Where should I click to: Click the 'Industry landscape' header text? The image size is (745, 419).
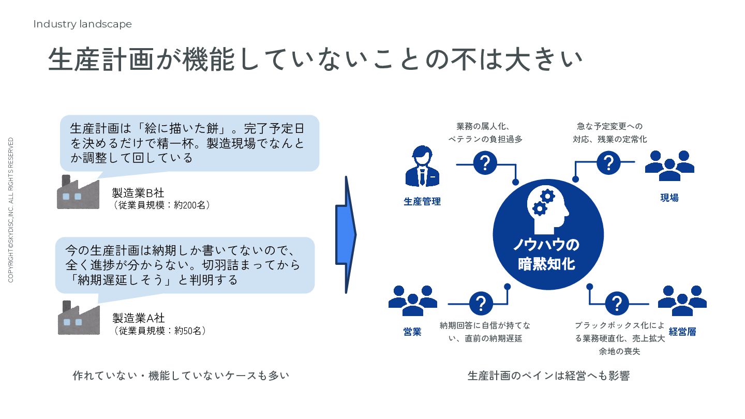click(x=82, y=24)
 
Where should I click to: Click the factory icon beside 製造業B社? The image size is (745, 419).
click(x=78, y=192)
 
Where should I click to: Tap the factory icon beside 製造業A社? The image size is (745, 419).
click(x=78, y=318)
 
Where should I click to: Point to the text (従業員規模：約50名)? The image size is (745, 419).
click(x=160, y=331)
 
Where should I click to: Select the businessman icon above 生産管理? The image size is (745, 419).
click(x=422, y=166)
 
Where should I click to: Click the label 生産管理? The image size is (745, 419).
click(x=422, y=202)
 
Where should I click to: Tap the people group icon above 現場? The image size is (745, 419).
click(x=669, y=166)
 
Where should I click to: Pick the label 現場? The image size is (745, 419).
click(x=669, y=198)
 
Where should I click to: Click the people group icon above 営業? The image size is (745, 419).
click(x=412, y=301)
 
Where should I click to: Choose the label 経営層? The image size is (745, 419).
click(x=682, y=332)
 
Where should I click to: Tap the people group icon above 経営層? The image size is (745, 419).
click(x=682, y=301)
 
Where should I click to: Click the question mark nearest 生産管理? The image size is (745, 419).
click(x=485, y=163)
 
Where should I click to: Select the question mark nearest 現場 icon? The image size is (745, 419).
click(x=608, y=163)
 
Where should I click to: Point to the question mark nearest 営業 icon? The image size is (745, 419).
click(x=481, y=303)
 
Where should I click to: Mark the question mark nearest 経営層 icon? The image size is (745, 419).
click(x=617, y=304)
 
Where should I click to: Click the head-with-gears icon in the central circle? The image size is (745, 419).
click(x=548, y=207)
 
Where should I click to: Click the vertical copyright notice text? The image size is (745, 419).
click(x=11, y=210)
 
